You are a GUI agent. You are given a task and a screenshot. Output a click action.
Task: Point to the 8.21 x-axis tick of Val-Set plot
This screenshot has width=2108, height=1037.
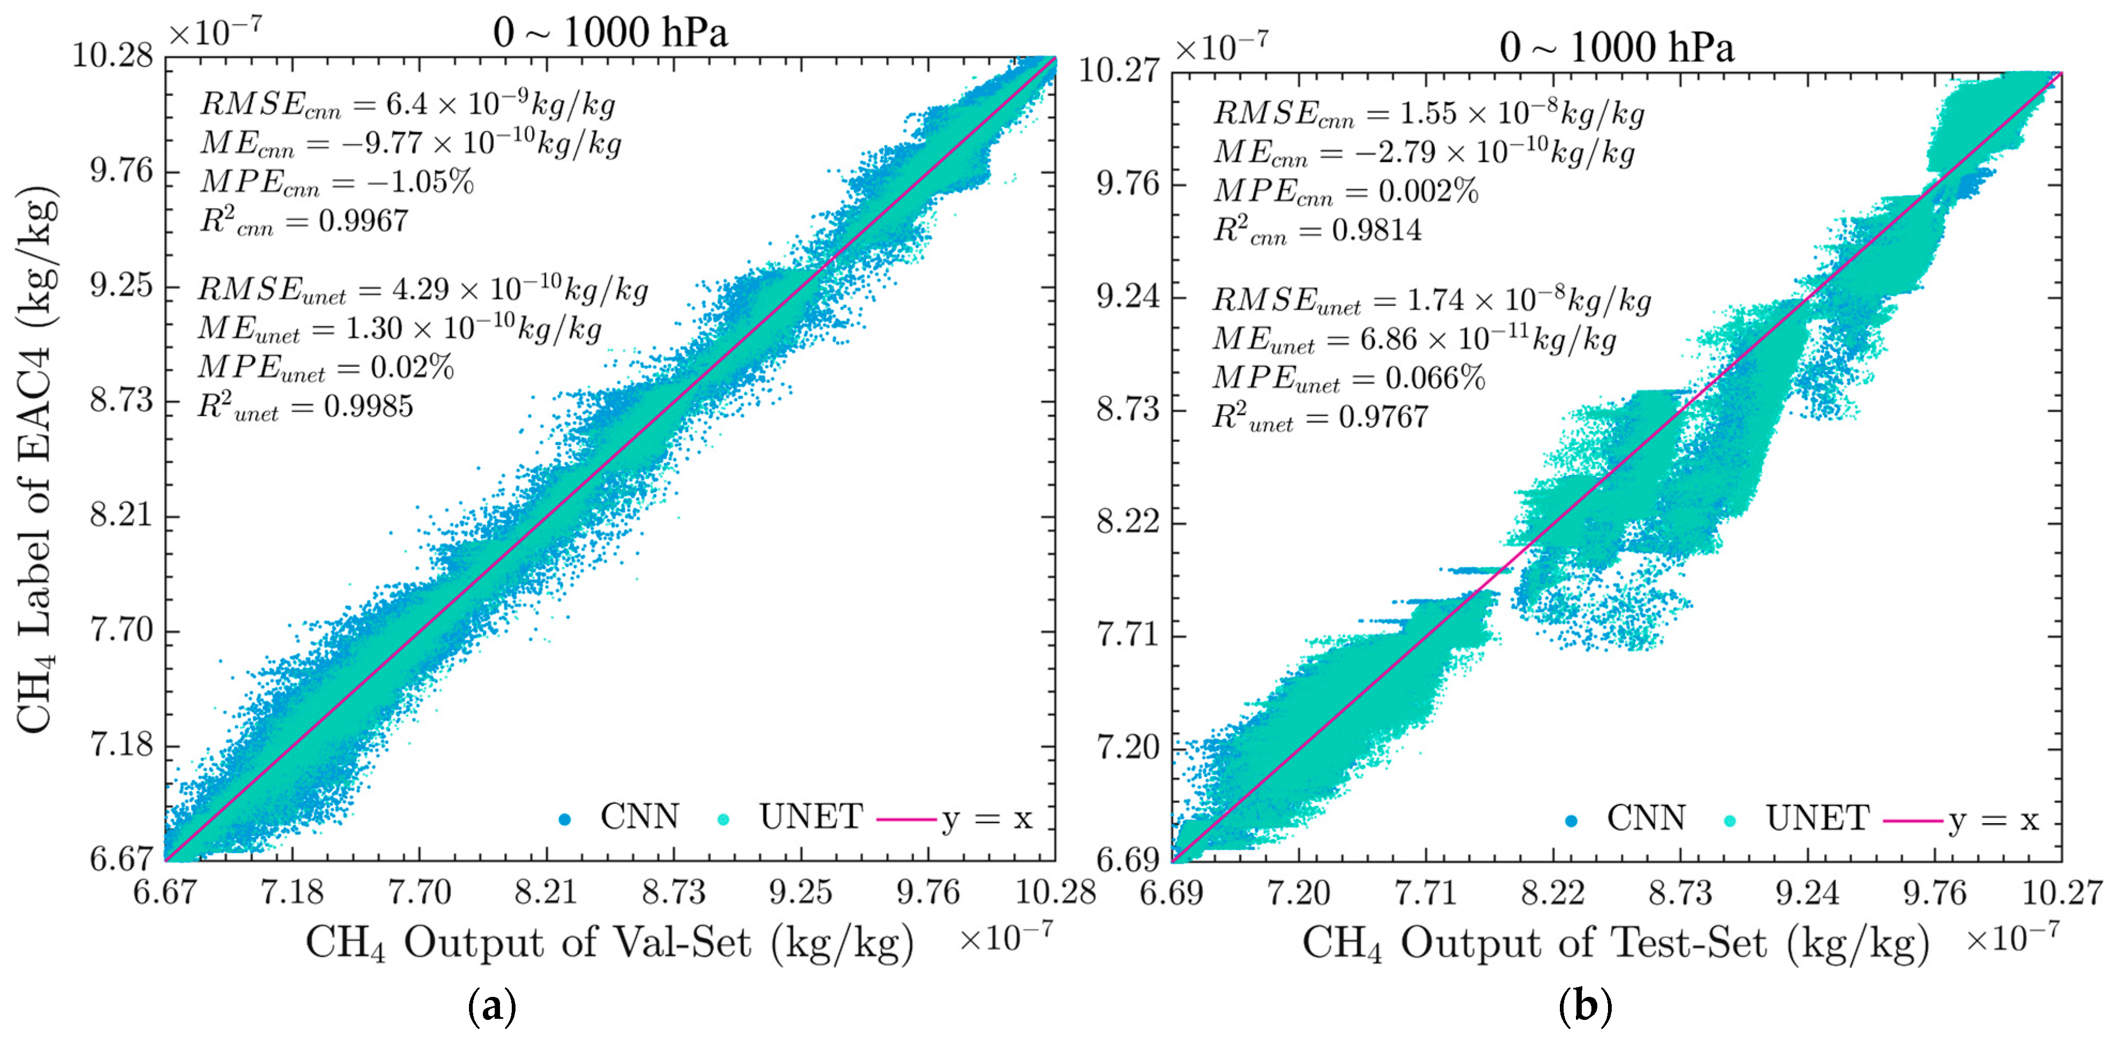point(546,890)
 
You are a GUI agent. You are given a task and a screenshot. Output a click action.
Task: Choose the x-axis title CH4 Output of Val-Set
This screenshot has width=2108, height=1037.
point(610,943)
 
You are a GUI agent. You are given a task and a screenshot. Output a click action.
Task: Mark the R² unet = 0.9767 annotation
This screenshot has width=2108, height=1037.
point(1320,417)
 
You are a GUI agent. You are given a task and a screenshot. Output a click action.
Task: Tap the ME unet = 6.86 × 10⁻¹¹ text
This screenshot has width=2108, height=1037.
point(1414,339)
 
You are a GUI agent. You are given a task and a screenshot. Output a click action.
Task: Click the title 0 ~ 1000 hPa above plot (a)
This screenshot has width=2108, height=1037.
point(610,33)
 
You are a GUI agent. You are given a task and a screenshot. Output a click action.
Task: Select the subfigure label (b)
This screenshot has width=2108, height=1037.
point(1585,1005)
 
